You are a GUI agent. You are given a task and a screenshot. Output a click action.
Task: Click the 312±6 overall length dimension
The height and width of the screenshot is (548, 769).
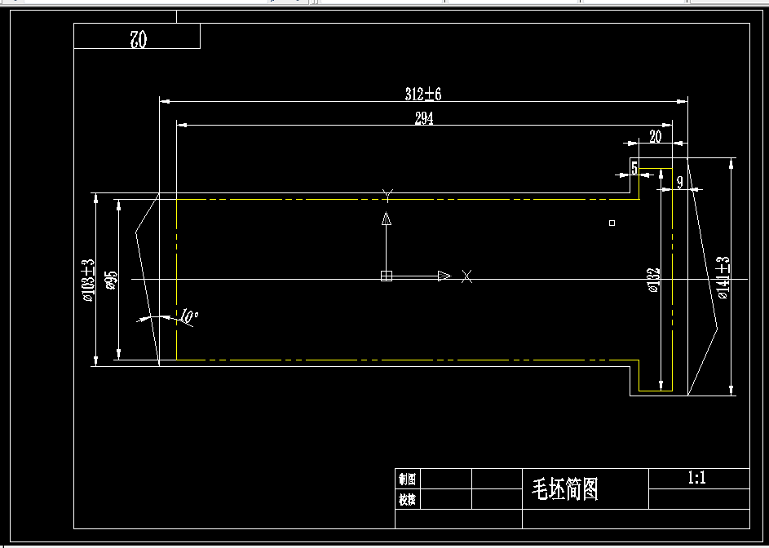coord(422,94)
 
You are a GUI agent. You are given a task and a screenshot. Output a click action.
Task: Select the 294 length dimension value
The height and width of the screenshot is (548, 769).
coord(424,118)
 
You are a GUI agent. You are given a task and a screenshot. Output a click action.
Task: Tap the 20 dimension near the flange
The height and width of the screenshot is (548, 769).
coord(655,136)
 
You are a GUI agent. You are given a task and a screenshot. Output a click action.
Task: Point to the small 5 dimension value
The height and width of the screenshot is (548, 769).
coord(634,168)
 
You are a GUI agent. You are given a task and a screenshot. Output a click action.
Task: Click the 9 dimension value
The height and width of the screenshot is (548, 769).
coord(679,183)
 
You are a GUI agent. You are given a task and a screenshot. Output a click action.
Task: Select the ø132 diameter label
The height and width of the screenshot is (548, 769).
coord(652,280)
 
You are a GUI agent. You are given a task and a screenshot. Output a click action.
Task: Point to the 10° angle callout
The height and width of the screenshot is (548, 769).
coord(188,316)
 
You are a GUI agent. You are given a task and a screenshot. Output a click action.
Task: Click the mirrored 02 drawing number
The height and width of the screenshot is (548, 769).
coord(137,38)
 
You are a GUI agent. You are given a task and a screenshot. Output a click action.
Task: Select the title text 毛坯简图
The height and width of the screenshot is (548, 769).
coord(565,488)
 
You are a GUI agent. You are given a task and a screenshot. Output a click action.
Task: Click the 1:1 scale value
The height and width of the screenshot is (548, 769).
coord(697,478)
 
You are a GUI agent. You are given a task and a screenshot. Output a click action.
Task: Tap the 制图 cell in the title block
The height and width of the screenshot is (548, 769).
coord(406,479)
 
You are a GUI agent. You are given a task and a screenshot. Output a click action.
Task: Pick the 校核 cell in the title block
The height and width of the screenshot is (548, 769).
coord(406,498)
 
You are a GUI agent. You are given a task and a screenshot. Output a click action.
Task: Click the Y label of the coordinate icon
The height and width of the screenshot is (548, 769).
coord(387,194)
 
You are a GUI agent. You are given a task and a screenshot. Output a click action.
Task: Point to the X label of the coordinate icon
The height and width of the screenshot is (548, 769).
coord(466,276)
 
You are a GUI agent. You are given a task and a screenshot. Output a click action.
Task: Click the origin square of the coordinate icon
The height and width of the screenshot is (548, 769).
coord(387,276)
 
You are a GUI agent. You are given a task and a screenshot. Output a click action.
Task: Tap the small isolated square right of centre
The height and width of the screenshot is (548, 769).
coord(612,223)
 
